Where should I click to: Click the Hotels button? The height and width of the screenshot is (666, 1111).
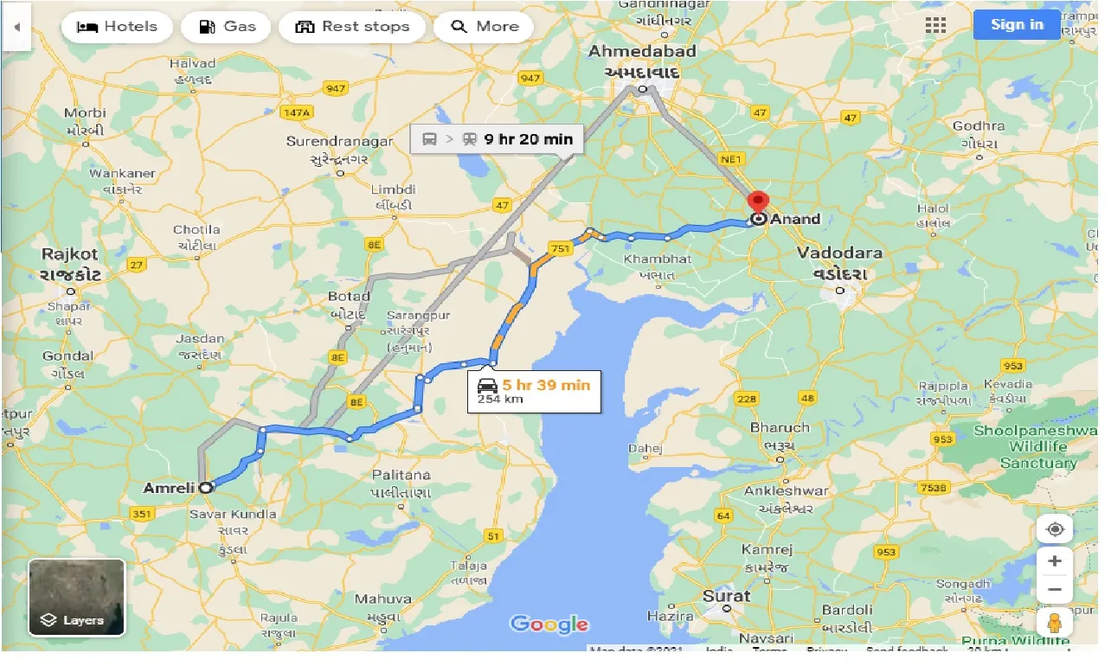point(117,27)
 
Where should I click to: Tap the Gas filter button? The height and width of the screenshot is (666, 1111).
point(226,27)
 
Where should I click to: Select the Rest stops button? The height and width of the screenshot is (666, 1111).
point(351,27)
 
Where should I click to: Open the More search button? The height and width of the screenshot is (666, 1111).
point(484,27)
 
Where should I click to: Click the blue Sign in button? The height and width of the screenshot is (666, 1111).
point(1017,24)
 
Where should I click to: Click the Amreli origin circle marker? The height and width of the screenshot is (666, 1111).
point(205,488)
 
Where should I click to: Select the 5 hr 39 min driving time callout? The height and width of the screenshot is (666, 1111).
point(535,392)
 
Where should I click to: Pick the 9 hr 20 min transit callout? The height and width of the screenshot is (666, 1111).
point(497,138)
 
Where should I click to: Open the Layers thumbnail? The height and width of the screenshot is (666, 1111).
point(77,597)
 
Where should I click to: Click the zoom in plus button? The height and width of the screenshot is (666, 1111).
point(1054,561)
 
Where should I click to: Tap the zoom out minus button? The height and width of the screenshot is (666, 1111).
point(1054,590)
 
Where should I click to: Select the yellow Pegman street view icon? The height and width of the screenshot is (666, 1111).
point(1054,623)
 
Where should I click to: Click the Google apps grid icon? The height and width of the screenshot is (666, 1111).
point(935,25)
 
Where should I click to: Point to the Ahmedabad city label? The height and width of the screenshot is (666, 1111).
point(642,52)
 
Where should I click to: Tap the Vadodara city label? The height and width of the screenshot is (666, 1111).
point(839,253)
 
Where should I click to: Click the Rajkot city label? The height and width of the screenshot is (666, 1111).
point(71,254)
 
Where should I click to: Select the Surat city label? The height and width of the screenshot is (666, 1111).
point(726,596)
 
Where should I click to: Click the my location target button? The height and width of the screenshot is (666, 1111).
point(1054,529)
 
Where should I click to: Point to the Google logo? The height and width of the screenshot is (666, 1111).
point(549,624)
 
